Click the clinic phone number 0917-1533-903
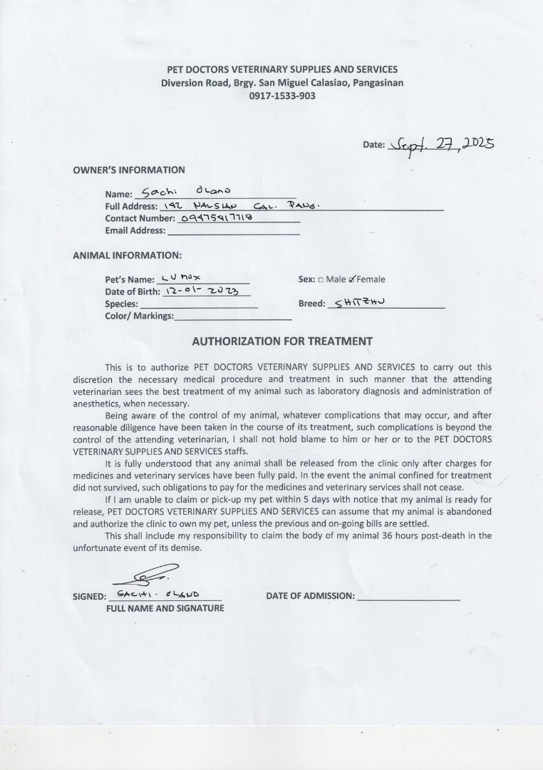[281, 96]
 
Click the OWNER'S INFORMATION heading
[129, 170]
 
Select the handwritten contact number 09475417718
[218, 217]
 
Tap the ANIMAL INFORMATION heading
[128, 255]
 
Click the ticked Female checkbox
[352, 279]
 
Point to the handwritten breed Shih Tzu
[359, 302]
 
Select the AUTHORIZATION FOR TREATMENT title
[282, 342]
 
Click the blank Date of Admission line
[408, 597]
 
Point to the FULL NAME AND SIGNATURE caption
[165, 608]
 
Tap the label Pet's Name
[130, 279]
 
